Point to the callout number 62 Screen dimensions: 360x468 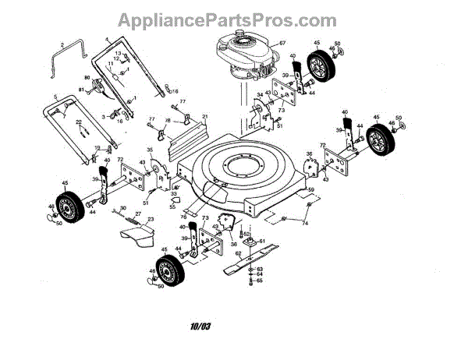[x=239, y=253]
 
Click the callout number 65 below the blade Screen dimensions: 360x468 [x=260, y=281]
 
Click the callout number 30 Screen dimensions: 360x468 [x=122, y=207]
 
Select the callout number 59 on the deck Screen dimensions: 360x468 [x=310, y=189]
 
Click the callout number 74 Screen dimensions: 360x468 [x=305, y=224]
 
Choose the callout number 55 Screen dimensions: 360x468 [x=173, y=208]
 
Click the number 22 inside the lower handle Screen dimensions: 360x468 [x=79, y=122]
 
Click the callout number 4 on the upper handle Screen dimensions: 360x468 [x=106, y=39]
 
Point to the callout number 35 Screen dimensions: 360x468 [x=150, y=149]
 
